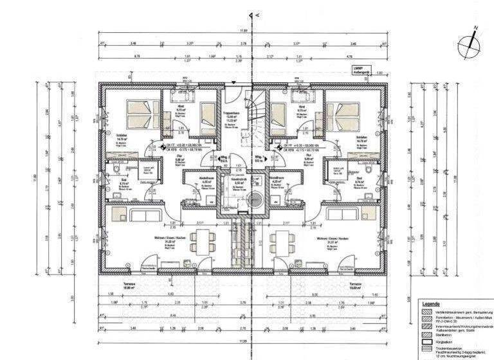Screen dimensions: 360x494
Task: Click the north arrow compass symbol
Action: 470,44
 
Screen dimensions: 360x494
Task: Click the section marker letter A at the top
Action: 257,14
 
